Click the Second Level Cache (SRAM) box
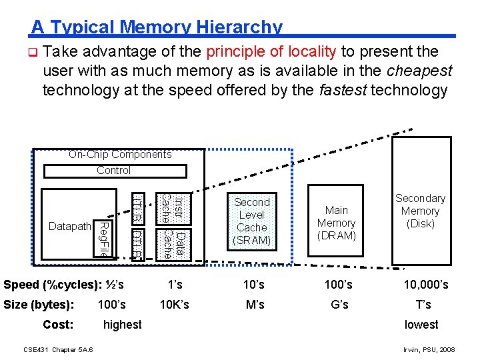click(x=252, y=221)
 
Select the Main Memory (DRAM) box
click(x=336, y=223)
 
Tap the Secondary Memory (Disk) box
click(x=420, y=211)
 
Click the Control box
click(x=113, y=171)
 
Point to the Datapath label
click(x=69, y=227)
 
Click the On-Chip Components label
click(x=120, y=155)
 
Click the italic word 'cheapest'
click(x=421, y=71)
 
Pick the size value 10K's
click(x=175, y=305)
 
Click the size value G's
click(x=339, y=305)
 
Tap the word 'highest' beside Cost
click(x=123, y=325)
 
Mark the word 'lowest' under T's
click(x=421, y=325)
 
